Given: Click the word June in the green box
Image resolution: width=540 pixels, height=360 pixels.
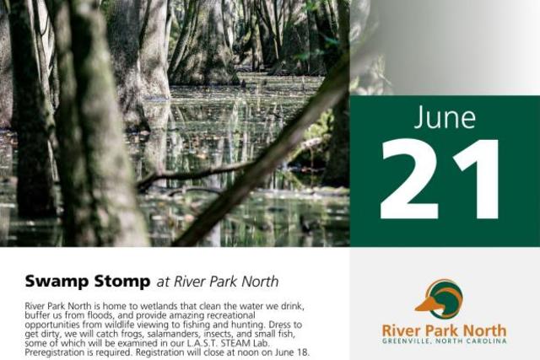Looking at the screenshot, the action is coord(445,118).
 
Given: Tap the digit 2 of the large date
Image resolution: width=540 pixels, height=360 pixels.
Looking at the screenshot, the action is coord(411,179).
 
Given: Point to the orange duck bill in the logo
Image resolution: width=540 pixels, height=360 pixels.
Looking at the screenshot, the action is coord(427,304).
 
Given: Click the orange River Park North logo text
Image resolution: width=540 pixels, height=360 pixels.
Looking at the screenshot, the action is coord(445,330).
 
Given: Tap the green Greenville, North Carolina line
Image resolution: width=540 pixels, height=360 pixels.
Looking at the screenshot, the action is coord(445,341).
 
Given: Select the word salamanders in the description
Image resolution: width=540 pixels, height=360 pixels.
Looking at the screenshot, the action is coord(174,334).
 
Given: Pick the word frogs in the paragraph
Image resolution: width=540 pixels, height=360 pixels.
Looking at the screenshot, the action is coord(134,334).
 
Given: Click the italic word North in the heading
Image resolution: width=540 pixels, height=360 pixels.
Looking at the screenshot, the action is coord(260,282).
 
